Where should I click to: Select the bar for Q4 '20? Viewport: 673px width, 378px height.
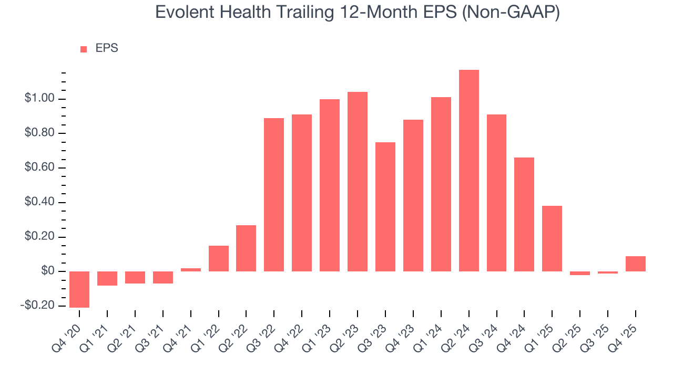(79, 289)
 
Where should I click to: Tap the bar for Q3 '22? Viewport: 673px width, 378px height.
(274, 195)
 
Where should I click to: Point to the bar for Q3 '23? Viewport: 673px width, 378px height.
(385, 207)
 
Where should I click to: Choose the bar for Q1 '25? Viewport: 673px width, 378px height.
(552, 238)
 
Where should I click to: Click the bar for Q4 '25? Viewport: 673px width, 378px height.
(636, 264)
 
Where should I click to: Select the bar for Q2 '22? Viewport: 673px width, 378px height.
(246, 248)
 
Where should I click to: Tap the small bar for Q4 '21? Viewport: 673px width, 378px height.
(190, 270)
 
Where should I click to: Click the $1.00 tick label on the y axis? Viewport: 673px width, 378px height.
(39, 99)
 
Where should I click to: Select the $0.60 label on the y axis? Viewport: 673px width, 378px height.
(39, 168)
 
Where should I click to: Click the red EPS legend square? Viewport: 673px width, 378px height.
(84, 49)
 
